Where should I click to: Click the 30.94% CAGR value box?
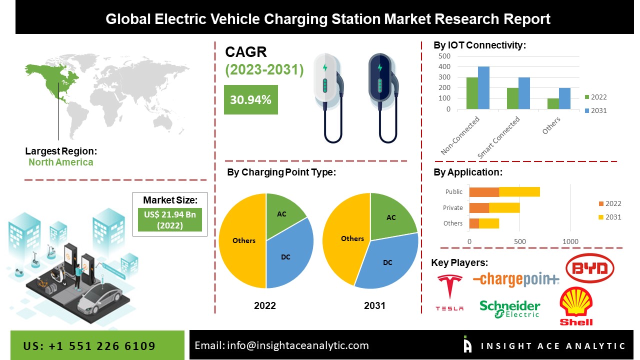coord(250,99)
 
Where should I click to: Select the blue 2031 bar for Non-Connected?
coord(483,87)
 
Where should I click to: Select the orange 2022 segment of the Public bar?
coord(483,191)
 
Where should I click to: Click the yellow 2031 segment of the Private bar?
coord(504,207)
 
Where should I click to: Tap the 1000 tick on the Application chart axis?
coord(570,241)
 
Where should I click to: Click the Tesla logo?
coord(449,292)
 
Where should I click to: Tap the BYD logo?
coord(589,268)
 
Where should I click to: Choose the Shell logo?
coord(576,306)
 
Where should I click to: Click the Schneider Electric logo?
coord(510,309)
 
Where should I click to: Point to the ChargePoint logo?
coord(515,279)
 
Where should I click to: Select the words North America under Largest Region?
coord(60,162)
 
